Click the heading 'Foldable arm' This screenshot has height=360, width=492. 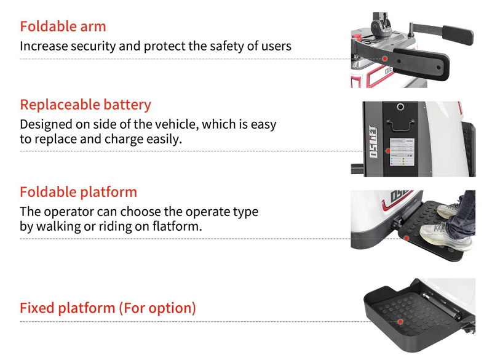coord(63,26)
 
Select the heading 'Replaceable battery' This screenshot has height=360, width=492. coord(85,105)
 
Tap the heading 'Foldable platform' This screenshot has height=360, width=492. coord(78,192)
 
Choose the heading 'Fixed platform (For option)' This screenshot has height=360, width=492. coord(108,308)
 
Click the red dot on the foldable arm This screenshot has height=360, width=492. coord(385,58)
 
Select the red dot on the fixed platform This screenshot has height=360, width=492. coord(400,321)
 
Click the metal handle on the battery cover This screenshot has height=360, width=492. coord(400,125)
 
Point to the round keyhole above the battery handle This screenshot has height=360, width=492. coord(400,107)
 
